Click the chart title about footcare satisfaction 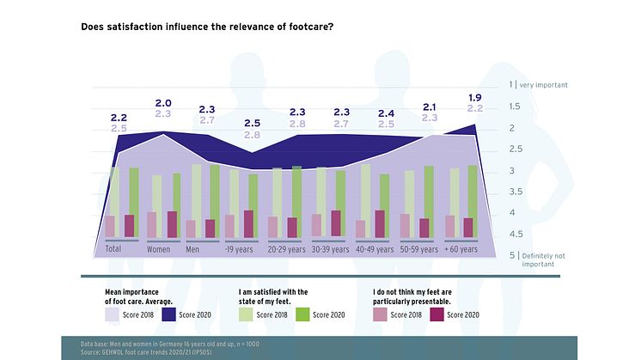click(x=207, y=27)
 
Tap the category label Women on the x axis click(x=158, y=249)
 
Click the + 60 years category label click(x=461, y=249)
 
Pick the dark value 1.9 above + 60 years click(x=473, y=96)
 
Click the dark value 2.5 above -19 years click(x=252, y=123)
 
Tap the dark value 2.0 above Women click(x=162, y=103)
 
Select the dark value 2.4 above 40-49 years click(x=387, y=113)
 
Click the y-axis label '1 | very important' click(x=539, y=85)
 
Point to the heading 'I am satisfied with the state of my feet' click(x=272, y=296)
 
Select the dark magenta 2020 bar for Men click(x=211, y=228)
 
